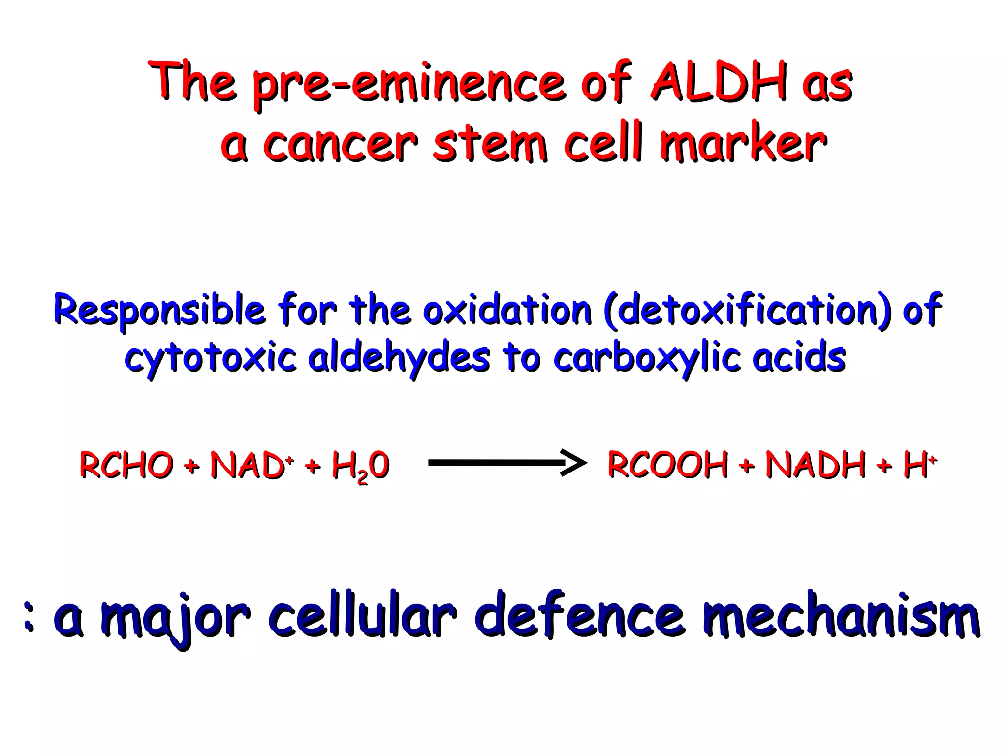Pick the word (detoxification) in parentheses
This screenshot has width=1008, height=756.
click(x=748, y=310)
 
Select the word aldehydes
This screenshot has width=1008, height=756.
click(x=399, y=358)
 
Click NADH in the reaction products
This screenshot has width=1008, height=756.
click(x=815, y=465)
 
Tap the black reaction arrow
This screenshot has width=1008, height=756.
click(x=507, y=463)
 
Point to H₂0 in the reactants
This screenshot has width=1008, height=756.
click(x=361, y=467)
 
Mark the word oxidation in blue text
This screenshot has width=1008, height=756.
click(x=507, y=310)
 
